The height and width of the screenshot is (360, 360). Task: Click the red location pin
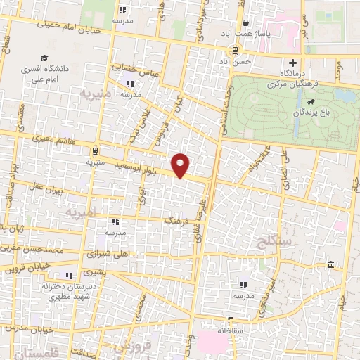tap(181, 165)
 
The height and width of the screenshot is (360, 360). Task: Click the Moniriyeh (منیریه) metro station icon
tap(95, 150)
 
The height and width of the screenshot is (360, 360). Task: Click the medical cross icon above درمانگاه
tap(292, 63)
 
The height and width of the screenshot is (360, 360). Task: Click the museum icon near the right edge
tap(330, 264)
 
